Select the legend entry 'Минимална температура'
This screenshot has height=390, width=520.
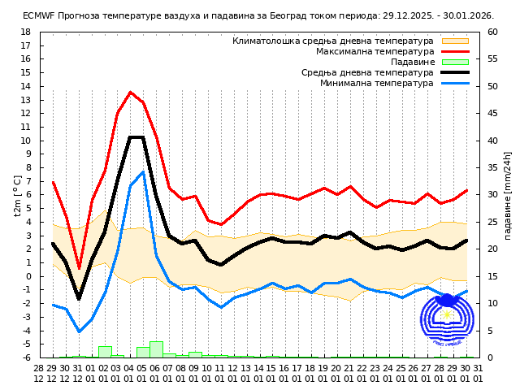376,83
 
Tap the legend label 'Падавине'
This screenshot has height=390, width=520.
412,62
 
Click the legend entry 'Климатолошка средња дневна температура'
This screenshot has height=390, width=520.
333,41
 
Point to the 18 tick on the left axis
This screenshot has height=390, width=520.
25,32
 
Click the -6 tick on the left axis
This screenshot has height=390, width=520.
25,357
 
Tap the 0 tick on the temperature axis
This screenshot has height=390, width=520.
28,276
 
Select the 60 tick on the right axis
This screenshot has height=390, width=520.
492,32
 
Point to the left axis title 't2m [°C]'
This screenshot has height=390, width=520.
18,195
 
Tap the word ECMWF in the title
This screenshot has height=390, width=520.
38,15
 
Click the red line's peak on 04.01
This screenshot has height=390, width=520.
130,92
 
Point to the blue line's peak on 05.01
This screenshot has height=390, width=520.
143,171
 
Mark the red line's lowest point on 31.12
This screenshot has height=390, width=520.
79,268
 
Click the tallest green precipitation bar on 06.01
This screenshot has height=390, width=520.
156,349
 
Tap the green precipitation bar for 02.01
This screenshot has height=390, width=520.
105,352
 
